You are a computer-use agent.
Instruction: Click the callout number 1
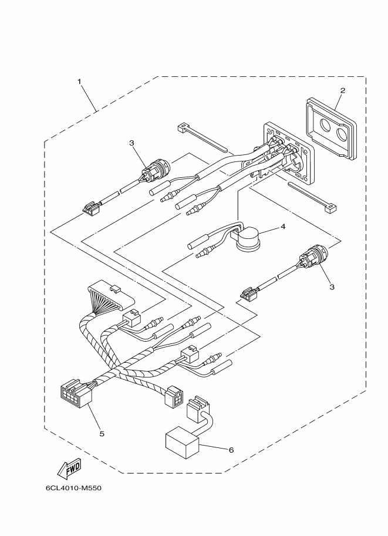pyautogui.click(x=79, y=82)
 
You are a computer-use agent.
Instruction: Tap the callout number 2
pyautogui.click(x=342, y=90)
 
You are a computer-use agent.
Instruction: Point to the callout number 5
pyautogui.click(x=102, y=434)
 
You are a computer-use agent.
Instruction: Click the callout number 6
pyautogui.click(x=231, y=450)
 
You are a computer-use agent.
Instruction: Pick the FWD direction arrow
pyautogui.click(x=69, y=468)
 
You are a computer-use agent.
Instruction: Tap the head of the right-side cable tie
pyautogui.click(x=332, y=208)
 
